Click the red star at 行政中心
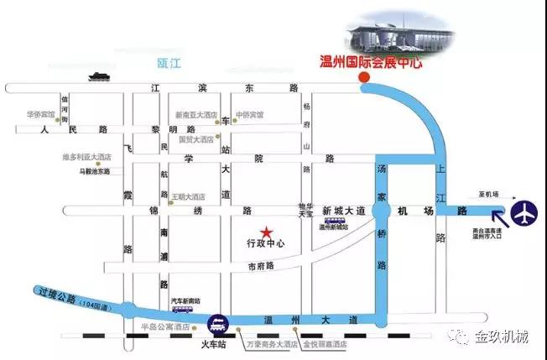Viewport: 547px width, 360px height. coord(266,231)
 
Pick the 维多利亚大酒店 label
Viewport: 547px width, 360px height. coord(86,157)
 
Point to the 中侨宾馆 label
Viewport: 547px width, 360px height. coord(250,115)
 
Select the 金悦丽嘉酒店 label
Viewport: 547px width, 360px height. coord(326,343)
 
